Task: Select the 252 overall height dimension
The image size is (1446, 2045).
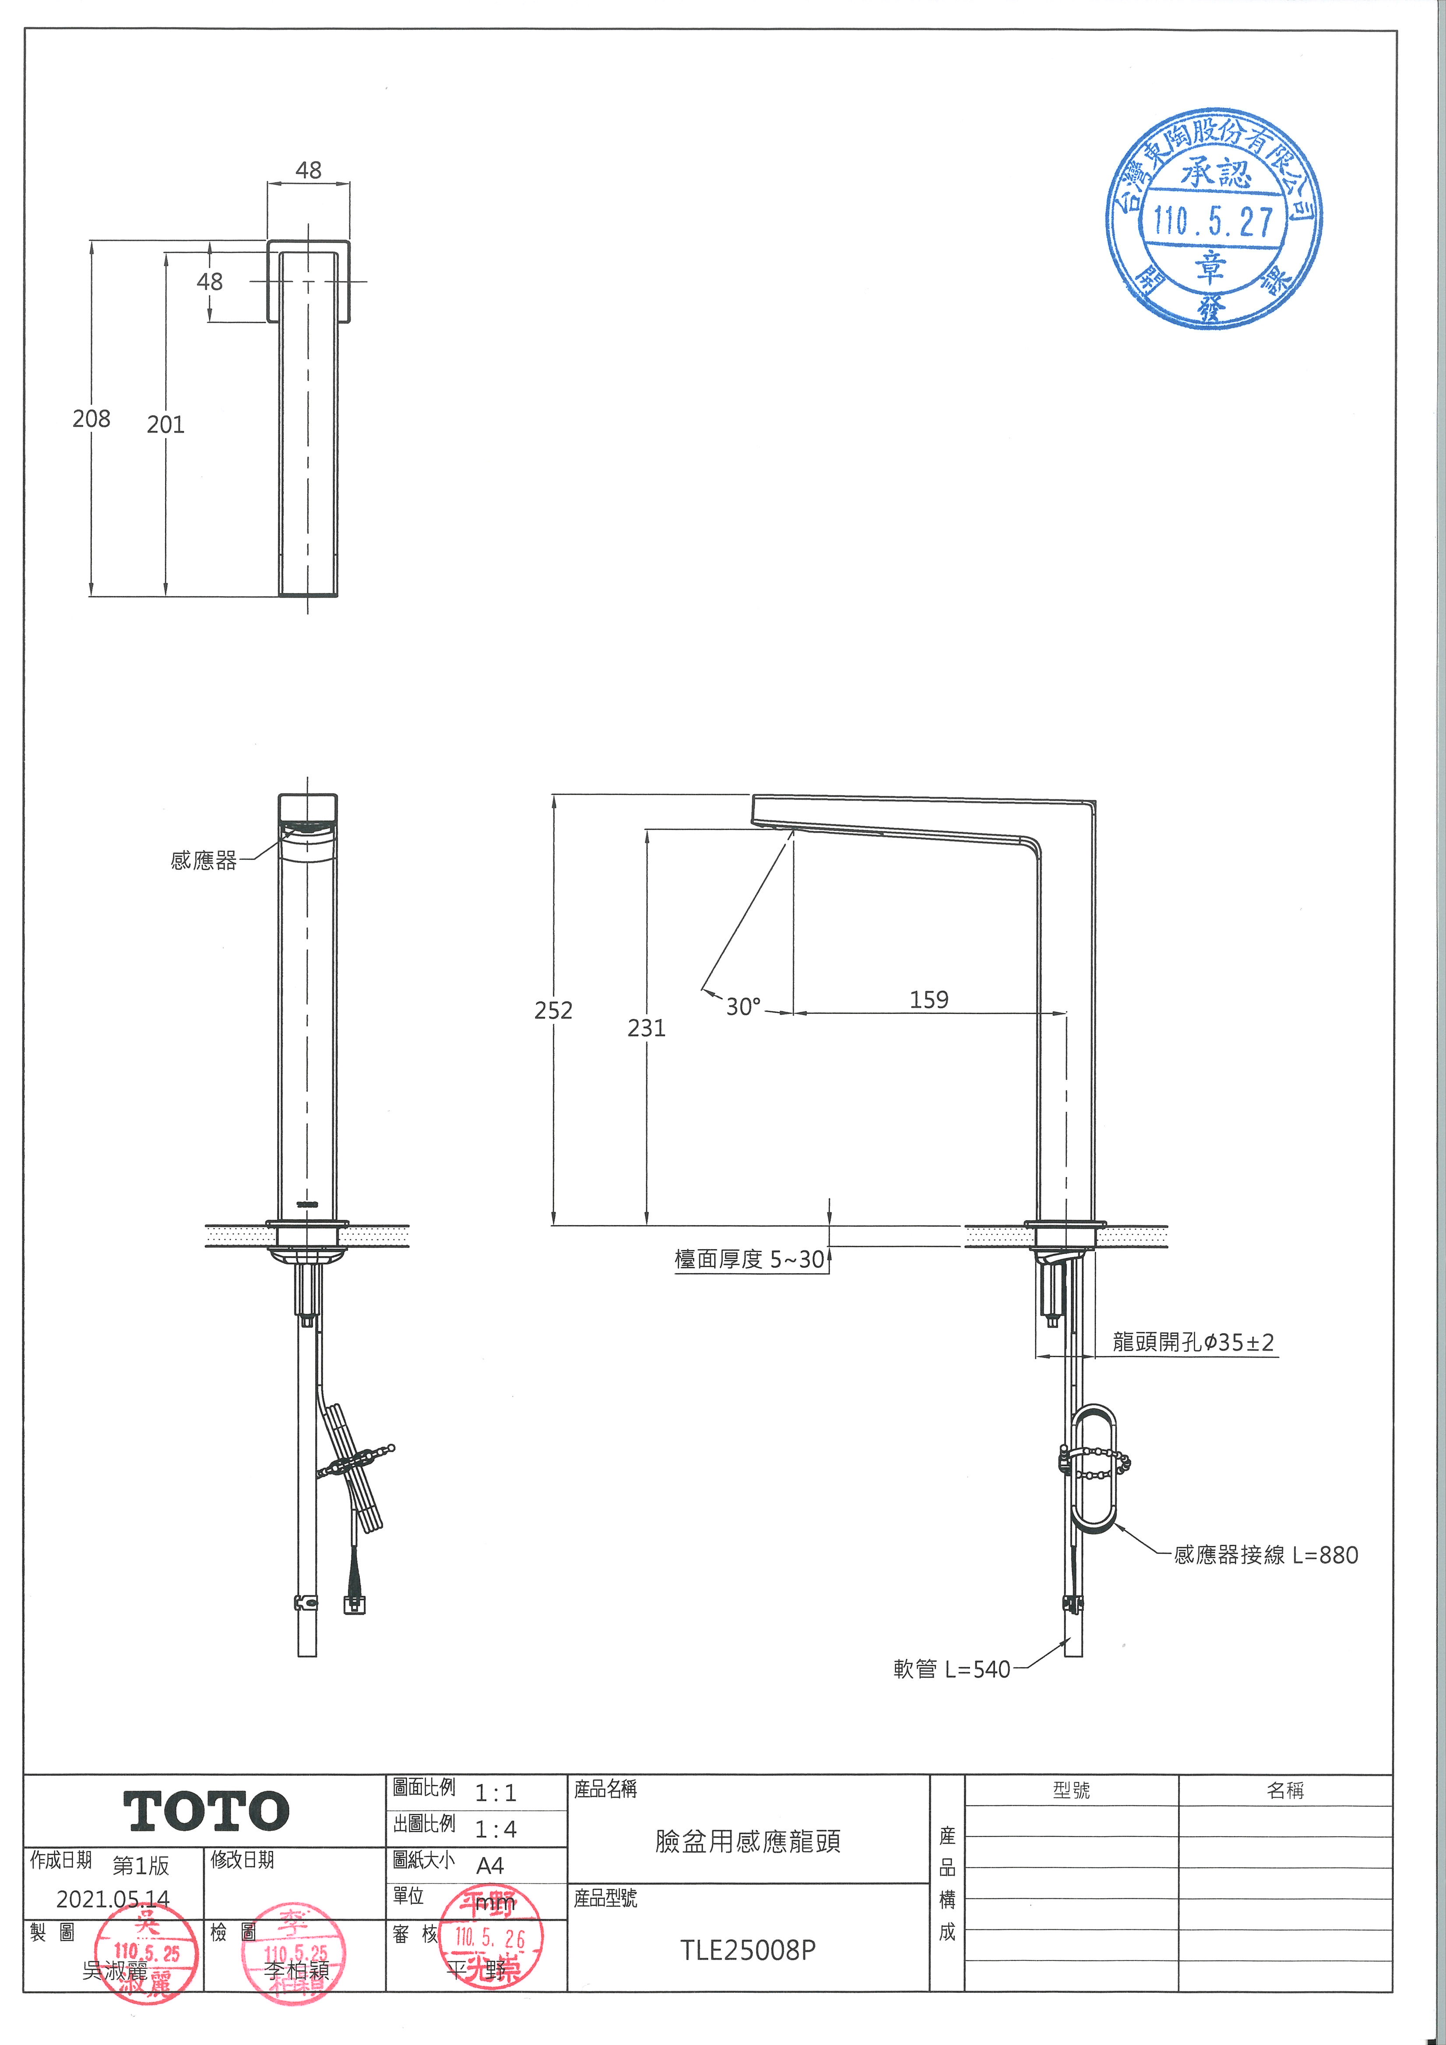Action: click(553, 1010)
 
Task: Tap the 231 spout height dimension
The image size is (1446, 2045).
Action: click(647, 1028)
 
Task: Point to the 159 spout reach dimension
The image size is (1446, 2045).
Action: click(929, 1000)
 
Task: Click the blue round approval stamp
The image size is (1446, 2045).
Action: click(1213, 219)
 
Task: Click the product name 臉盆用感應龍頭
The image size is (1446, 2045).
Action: click(748, 1841)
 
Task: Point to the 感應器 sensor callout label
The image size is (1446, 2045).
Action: click(204, 860)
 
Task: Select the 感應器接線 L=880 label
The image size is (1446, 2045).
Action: click(1265, 1555)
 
